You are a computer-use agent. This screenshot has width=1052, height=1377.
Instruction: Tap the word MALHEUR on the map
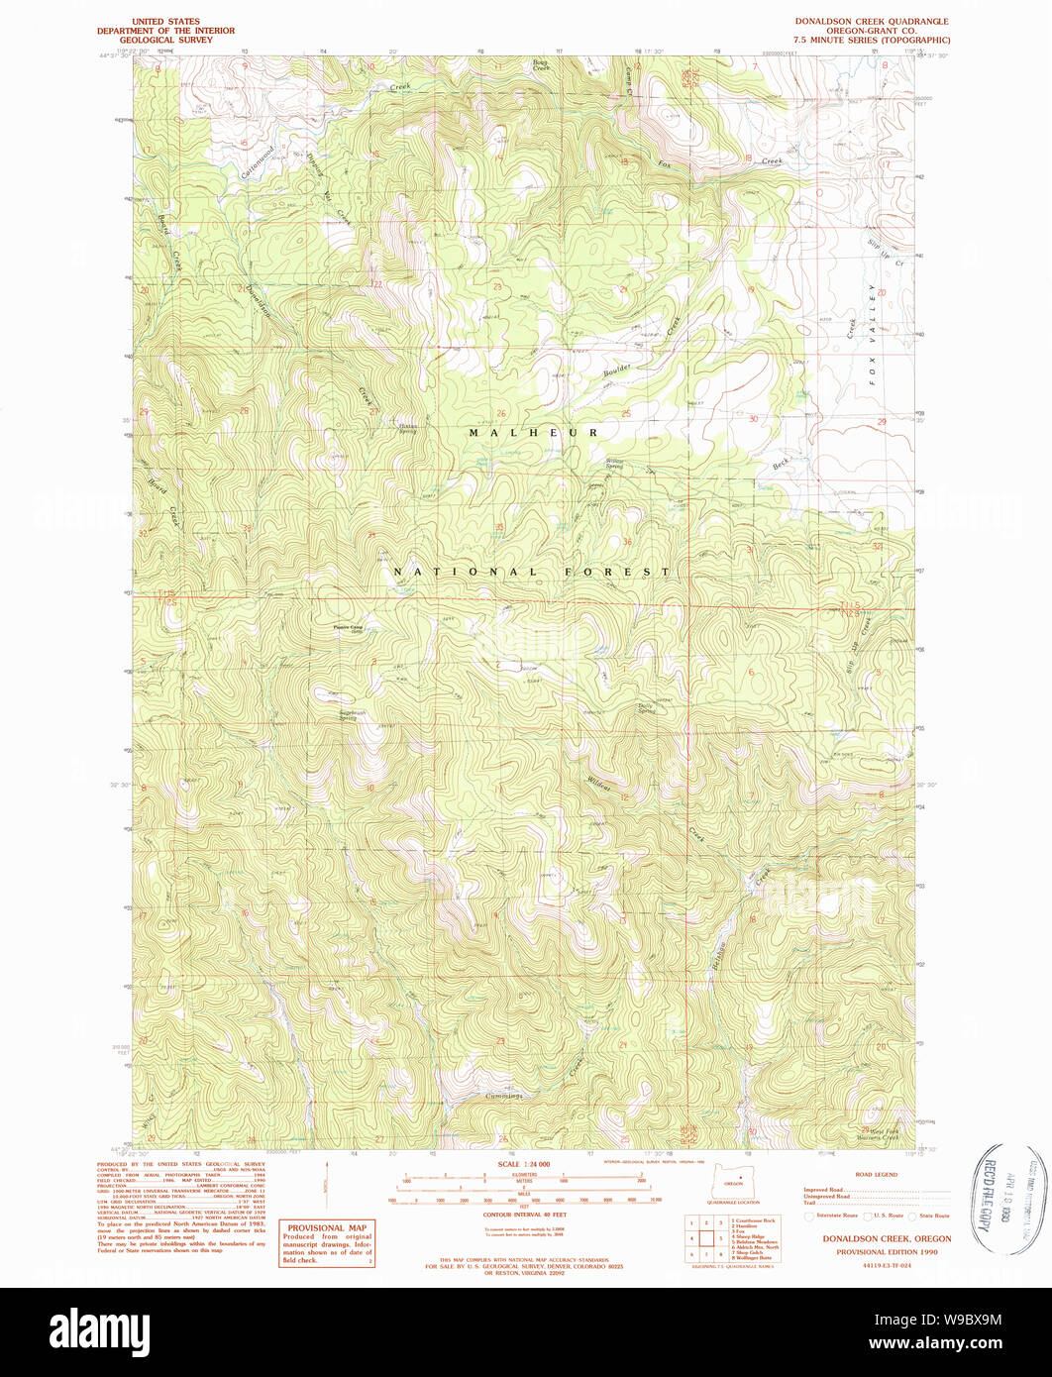pyautogui.click(x=534, y=433)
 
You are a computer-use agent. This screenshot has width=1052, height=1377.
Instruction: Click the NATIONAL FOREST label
pyautogui.click(x=531, y=573)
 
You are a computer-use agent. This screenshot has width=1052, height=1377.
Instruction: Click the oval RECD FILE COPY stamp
pyautogui.click(x=1001, y=1198)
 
